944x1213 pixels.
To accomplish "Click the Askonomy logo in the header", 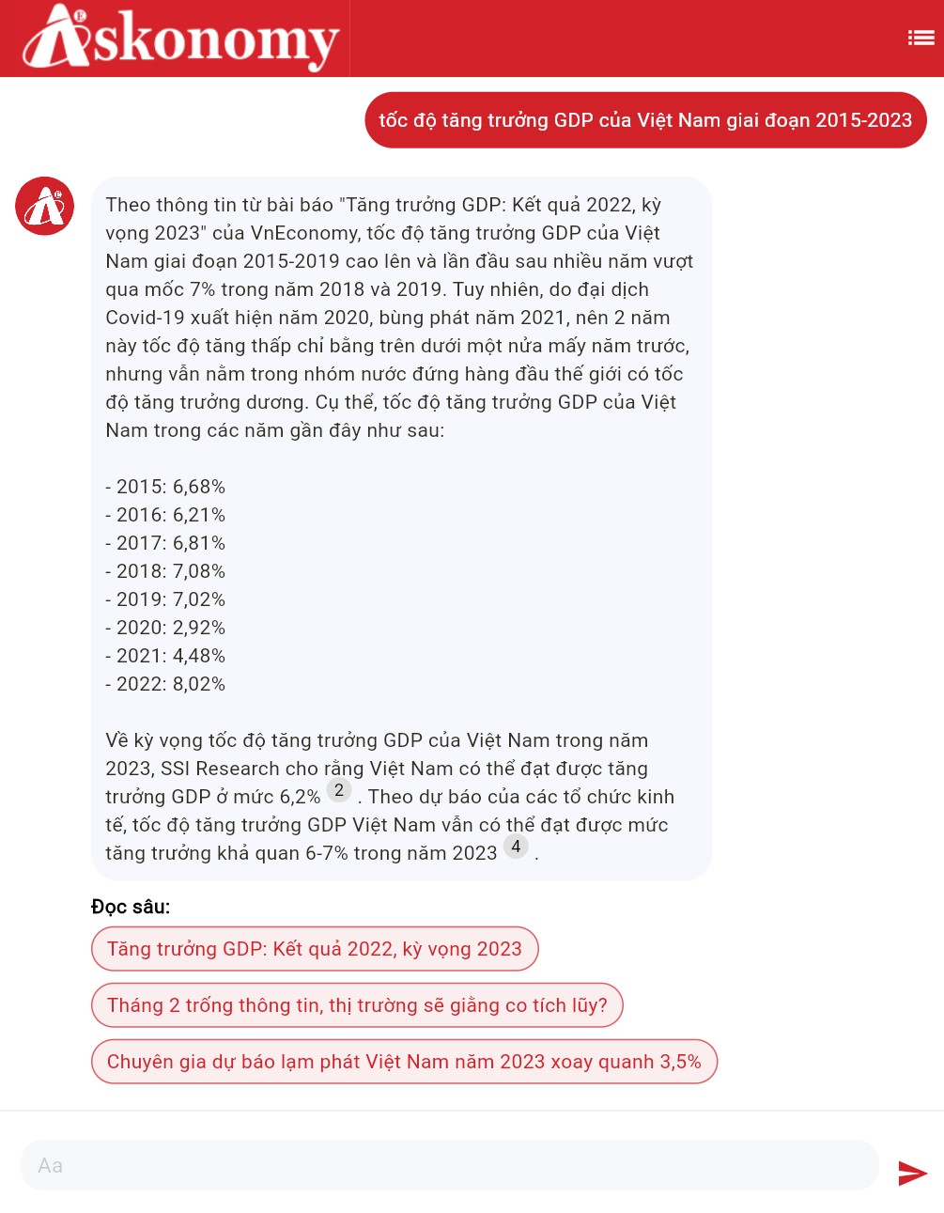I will click(x=180, y=39).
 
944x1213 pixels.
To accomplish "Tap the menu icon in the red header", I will click(x=921, y=38).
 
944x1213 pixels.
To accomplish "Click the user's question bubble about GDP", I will click(x=645, y=120).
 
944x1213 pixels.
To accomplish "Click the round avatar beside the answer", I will click(x=44, y=206).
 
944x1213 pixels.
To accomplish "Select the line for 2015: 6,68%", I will click(x=165, y=487).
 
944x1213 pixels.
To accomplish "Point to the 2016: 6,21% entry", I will click(x=165, y=515).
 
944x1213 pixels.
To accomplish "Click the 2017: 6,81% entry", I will click(x=165, y=543).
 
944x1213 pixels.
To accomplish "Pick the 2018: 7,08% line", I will click(x=165, y=571).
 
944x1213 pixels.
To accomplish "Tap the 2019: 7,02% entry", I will click(x=165, y=599).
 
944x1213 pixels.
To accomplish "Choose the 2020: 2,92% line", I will click(x=165, y=628).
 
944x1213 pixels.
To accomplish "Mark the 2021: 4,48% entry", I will click(x=165, y=656).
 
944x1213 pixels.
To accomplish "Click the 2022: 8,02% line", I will click(x=165, y=684).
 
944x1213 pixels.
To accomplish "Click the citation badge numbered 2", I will click(x=339, y=790).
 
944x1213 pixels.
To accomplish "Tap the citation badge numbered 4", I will click(x=516, y=847).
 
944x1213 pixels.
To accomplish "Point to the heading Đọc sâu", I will click(x=131, y=907).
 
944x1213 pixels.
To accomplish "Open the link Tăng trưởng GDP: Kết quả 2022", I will click(x=315, y=949).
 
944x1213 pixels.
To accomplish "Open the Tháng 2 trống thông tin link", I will click(x=357, y=1005).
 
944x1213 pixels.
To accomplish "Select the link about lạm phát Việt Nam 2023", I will click(x=404, y=1062).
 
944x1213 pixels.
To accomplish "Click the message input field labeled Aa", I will click(x=449, y=1165).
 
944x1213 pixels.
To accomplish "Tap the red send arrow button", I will click(x=912, y=1173).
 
